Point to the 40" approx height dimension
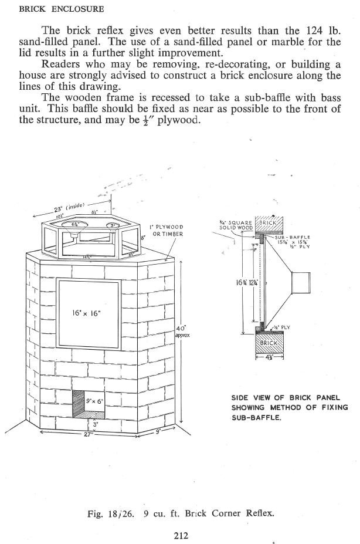coord(181,332)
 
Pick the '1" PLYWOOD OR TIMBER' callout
coord(167,230)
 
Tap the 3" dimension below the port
coord(96,424)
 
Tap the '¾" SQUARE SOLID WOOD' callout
coord(236,225)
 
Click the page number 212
coord(180,534)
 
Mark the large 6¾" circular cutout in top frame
coord(76,225)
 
